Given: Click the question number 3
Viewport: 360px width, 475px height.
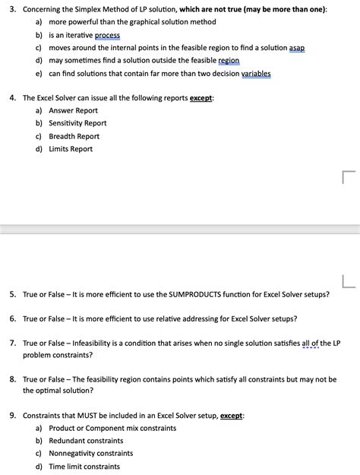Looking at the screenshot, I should [x=13, y=8].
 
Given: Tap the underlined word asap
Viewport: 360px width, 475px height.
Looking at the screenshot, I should [x=297, y=47].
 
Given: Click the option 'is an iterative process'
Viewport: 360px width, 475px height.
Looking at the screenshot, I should [x=84, y=35].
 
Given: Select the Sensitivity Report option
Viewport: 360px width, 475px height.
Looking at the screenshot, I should [x=77, y=123].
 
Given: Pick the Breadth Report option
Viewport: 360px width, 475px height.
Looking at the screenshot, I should [x=74, y=136].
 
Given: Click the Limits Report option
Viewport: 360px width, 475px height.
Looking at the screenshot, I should [x=71, y=149].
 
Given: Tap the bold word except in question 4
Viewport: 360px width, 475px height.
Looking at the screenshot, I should [x=201, y=98].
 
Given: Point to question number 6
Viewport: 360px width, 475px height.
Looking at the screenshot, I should [x=13, y=318].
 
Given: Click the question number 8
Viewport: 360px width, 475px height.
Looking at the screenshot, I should [x=13, y=378].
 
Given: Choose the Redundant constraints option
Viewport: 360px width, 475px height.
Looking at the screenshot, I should [x=86, y=441].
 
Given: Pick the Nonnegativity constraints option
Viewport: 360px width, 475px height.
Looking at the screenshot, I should [x=90, y=454].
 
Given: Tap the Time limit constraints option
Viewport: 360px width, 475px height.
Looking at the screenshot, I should [x=84, y=467].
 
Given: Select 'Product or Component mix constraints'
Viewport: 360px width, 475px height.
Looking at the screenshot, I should [x=112, y=428].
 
